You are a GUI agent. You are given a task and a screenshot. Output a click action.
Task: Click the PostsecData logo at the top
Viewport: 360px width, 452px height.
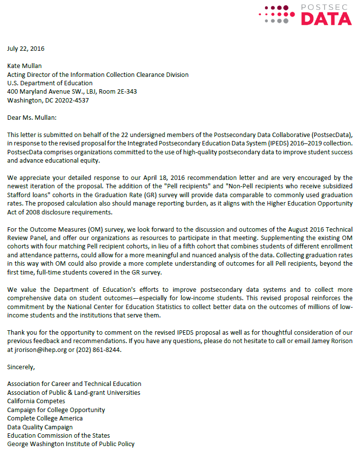click(305, 14)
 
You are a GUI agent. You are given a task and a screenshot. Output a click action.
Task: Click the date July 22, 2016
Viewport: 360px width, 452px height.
click(26, 48)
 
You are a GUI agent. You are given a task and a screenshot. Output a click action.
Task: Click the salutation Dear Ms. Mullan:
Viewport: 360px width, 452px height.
click(32, 117)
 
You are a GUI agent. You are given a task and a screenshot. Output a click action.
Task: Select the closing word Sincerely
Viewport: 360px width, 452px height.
click(21, 367)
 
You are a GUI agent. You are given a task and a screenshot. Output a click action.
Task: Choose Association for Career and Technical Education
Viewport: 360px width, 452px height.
click(74, 383)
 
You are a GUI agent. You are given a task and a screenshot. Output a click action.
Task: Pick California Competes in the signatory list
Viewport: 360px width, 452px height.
click(36, 401)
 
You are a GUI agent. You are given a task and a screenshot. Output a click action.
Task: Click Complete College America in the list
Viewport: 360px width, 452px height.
click(45, 418)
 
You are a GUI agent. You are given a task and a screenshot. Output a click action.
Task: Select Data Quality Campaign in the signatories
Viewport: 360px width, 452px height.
click(40, 427)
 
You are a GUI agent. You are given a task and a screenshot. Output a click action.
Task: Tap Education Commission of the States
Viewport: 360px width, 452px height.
click(59, 435)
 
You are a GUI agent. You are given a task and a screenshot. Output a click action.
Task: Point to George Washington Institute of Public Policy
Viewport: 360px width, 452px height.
click(71, 444)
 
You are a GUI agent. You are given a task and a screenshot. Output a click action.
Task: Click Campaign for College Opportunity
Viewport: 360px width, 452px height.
click(56, 410)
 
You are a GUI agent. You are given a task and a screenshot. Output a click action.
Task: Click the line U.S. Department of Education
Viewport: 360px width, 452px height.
click(50, 83)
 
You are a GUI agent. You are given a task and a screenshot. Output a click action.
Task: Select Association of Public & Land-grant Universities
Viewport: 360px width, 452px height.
click(74, 392)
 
